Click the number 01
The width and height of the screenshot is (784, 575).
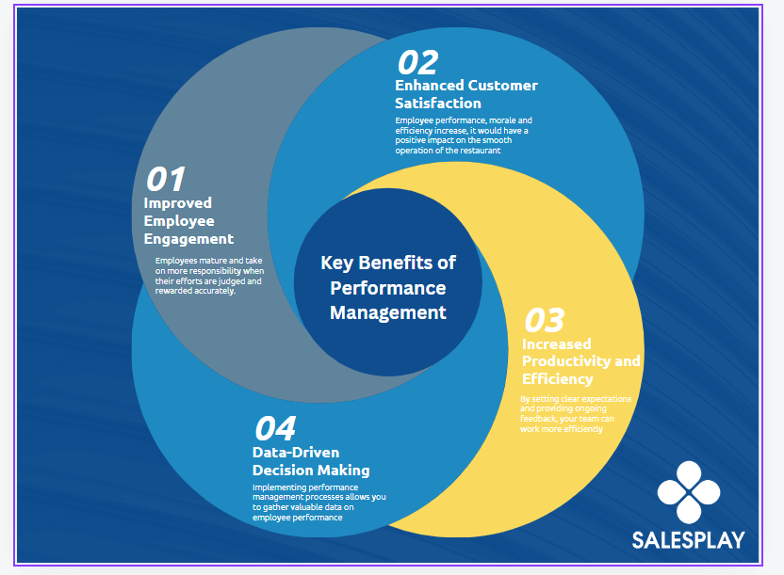165,179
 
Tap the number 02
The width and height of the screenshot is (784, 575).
417,62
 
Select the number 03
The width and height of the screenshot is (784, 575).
544,321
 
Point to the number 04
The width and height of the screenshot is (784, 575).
275,428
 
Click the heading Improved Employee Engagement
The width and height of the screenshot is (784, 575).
188,220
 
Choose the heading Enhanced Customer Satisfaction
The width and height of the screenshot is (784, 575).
466,94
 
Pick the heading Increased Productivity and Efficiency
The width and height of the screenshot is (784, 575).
580,360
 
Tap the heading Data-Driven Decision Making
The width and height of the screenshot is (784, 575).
311,461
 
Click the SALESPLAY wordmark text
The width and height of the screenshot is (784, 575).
688,540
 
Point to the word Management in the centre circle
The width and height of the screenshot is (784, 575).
388,312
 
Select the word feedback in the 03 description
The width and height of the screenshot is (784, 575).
539,419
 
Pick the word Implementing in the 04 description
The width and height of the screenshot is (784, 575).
275,487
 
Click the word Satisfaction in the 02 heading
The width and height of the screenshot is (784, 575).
438,104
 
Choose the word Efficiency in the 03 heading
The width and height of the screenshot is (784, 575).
558,379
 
